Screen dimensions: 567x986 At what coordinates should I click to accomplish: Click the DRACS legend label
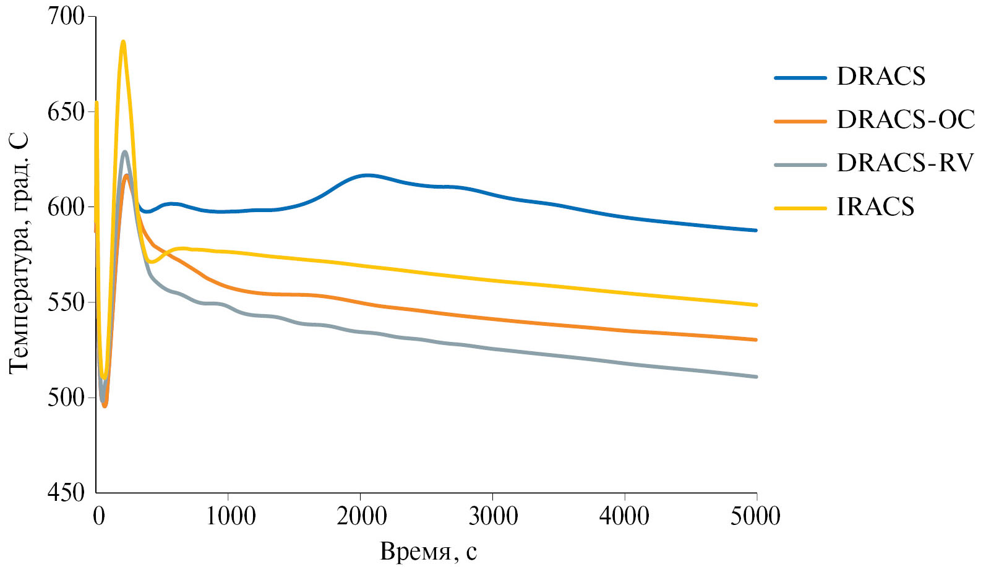881,77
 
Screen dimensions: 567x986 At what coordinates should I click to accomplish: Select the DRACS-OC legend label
906,120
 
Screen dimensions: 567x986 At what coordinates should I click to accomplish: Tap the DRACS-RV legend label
905,163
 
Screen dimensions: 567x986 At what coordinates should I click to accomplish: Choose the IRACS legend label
875,207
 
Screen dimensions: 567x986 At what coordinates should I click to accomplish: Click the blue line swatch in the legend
800,78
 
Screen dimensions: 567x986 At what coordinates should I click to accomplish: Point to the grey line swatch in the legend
800,165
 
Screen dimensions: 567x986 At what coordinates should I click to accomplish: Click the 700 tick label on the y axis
66,16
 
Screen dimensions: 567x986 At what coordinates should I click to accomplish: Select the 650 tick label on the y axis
66,112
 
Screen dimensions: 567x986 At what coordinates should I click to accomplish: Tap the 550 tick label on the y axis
66,302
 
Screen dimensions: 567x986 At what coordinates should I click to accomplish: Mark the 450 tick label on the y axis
66,493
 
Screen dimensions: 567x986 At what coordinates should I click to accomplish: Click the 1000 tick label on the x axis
230,516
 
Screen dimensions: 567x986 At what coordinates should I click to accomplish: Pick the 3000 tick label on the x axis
493,516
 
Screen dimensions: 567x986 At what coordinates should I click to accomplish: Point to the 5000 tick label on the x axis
755,516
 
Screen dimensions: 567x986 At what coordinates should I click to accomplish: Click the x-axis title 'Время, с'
428,551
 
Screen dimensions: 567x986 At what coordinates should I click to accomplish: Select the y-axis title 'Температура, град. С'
19,254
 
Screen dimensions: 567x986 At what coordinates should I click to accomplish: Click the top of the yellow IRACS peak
123,42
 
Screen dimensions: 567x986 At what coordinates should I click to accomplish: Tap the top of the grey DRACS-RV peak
125,151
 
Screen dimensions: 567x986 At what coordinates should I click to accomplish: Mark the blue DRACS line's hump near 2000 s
367,175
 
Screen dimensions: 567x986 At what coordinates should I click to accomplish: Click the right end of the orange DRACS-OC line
756,339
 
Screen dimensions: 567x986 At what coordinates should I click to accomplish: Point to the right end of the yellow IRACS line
756,305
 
